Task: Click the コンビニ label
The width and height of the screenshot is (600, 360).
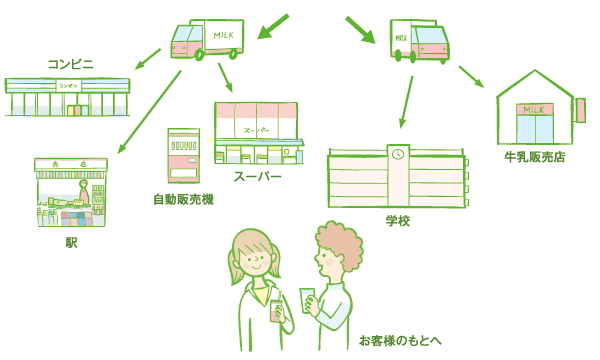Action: (70, 64)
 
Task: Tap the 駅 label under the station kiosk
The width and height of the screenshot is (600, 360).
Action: (71, 242)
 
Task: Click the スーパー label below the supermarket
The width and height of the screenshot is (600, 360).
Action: (257, 177)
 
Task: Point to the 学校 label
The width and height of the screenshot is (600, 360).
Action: (397, 220)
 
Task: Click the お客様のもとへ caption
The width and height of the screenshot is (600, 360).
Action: (400, 340)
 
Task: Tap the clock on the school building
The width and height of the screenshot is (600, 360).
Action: (397, 154)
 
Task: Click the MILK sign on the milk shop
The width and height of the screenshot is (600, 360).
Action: (534, 108)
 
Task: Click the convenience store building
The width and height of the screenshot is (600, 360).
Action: (67, 96)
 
